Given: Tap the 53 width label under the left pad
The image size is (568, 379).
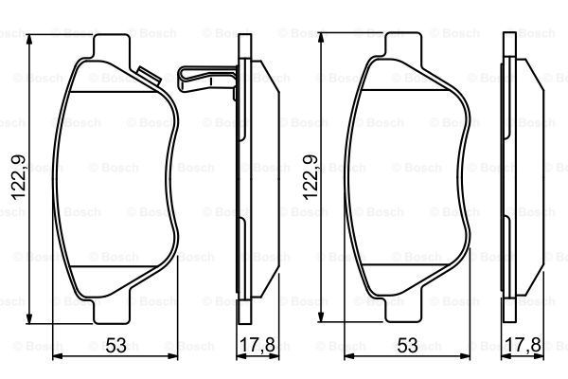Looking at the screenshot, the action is pos(116,345).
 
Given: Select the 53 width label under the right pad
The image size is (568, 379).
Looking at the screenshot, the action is pos(407,345).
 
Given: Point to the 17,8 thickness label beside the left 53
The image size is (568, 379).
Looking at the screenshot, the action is pos(257,345).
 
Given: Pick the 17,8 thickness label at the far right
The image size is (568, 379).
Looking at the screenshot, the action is pos(523,345).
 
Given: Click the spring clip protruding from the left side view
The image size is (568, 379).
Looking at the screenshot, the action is pos(207,80).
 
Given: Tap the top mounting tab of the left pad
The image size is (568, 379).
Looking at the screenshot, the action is pos(111,47).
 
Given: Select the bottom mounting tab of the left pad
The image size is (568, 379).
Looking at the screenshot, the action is pos(111,310).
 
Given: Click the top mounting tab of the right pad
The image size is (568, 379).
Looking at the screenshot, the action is pos(403,45).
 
